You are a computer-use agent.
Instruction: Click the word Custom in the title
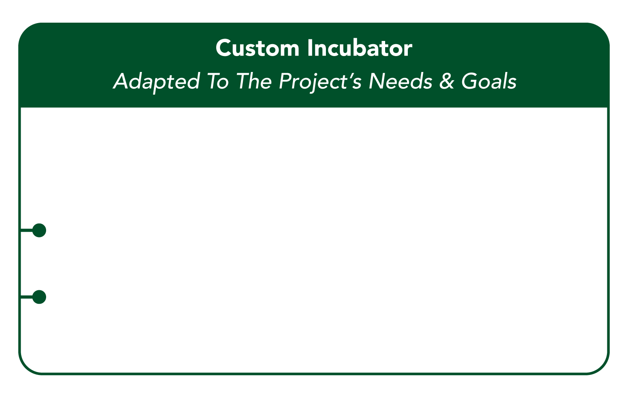(x=257, y=49)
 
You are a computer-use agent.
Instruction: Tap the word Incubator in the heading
(x=359, y=49)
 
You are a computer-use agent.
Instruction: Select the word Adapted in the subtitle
(x=156, y=82)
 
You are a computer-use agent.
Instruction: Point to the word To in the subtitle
(x=217, y=81)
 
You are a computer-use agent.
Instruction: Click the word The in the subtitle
(x=254, y=81)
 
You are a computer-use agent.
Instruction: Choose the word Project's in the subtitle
(x=320, y=82)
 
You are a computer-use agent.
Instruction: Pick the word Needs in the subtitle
(x=400, y=81)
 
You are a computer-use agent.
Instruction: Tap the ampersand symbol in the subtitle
(x=447, y=81)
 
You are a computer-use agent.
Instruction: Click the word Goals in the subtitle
(x=488, y=81)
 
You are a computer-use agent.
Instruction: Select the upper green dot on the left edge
(x=39, y=230)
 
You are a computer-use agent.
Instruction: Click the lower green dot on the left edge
(x=39, y=297)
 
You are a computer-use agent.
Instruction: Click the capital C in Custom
(x=223, y=49)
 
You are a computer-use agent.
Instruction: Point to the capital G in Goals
(x=469, y=81)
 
